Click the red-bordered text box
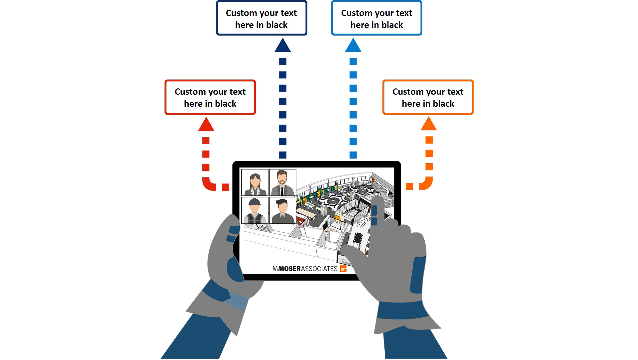[x=210, y=97]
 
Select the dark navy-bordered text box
[x=262, y=18]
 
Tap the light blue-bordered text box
[x=376, y=18]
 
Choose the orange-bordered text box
[x=428, y=97]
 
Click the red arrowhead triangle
[x=206, y=125]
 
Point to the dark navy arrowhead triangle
[x=282, y=46]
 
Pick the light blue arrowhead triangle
[x=353, y=46]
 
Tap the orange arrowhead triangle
[x=429, y=124]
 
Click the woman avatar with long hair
[x=255, y=183]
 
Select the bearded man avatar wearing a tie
[x=282, y=183]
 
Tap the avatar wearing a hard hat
[x=255, y=210]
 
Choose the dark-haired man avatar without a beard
[x=282, y=210]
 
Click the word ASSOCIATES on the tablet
[x=319, y=269]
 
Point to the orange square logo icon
[x=343, y=269]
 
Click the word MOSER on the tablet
[x=289, y=269]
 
